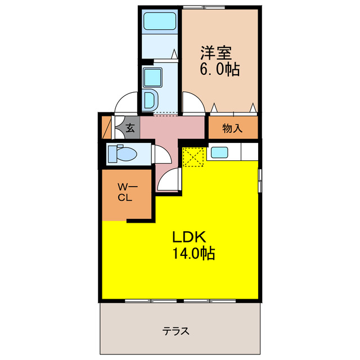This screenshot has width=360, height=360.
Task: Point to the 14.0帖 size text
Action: (x=193, y=253)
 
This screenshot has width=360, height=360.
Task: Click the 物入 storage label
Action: (x=232, y=128)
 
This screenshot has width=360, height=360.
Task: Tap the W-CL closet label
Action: (x=124, y=192)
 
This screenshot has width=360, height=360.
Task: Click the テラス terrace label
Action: (x=176, y=331)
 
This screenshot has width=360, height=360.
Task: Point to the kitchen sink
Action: (x=219, y=152)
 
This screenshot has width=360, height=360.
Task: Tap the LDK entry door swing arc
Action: (x=169, y=180)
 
